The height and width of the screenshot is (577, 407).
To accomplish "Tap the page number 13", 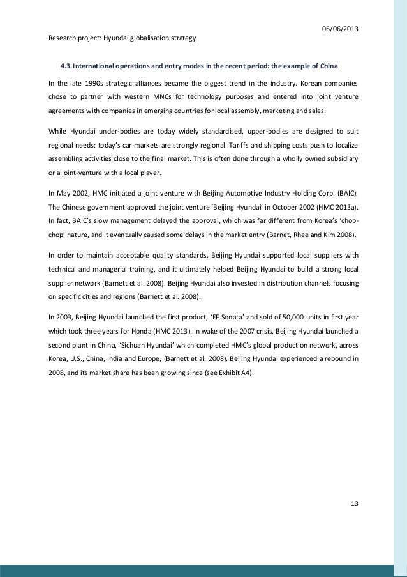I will pyautogui.click(x=355, y=503).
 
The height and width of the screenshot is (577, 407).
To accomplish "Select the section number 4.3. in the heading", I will pyautogui.click(x=70, y=66).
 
